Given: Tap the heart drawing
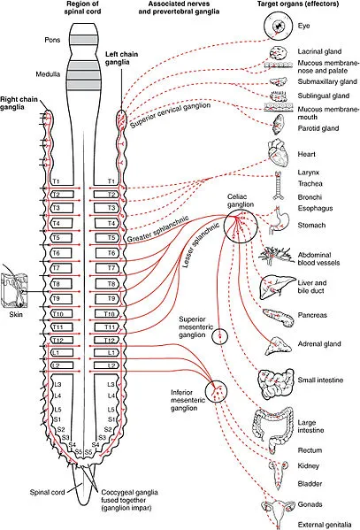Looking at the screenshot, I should coord(277,157).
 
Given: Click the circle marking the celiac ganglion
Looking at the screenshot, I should coord(241,227).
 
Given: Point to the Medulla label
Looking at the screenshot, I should coord(73,73).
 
